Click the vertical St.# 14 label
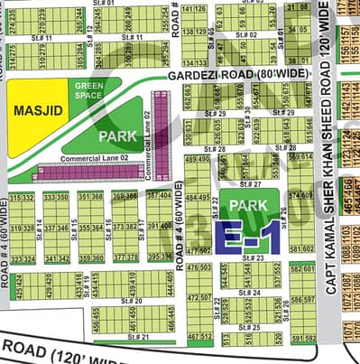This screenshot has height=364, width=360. (x=44, y=231)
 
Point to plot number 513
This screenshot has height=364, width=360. (x=226, y=340)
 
